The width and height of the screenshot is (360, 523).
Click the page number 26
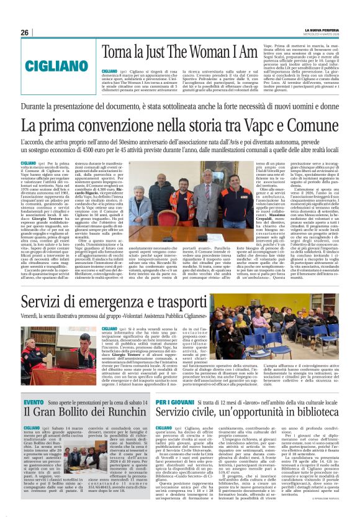pyautogui.click(x=25, y=33)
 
